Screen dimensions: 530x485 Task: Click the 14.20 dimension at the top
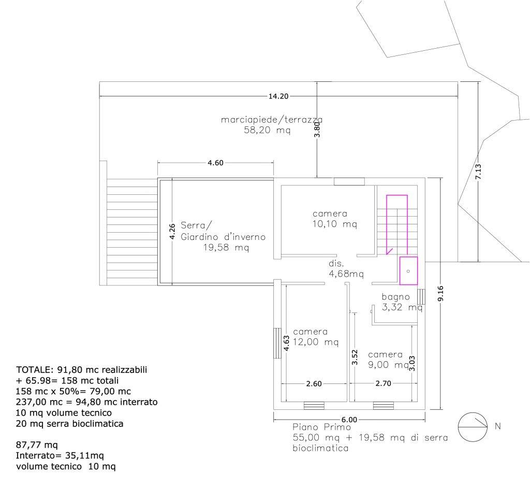point(278,96)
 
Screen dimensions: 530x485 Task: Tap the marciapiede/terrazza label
point(271,120)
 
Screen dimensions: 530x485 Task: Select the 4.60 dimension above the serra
point(215,163)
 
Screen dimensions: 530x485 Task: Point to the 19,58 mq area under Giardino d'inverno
point(226,248)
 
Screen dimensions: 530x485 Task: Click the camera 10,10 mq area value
point(335,224)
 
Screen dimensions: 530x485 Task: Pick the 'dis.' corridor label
point(336,263)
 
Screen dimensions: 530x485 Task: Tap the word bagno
point(395,297)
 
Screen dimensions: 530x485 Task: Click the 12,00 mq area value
point(316,342)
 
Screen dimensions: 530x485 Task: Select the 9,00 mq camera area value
point(389,365)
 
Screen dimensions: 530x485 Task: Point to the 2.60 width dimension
point(314,384)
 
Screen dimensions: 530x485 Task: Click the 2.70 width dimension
point(384,383)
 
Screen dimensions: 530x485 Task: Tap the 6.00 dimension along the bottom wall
point(349,420)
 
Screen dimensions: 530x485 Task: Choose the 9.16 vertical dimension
point(440,293)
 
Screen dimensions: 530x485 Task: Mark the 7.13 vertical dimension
point(478,172)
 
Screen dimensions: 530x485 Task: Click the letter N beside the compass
point(497,426)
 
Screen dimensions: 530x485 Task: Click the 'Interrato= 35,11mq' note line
point(60,455)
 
